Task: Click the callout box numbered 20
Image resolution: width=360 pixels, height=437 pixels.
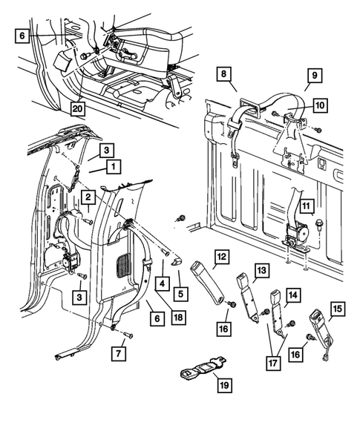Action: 77,108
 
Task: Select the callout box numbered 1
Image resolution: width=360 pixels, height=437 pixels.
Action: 114,167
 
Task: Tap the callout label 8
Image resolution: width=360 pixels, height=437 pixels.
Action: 224,74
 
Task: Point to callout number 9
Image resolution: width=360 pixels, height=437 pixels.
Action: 315,75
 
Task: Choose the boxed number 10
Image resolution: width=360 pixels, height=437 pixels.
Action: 320,105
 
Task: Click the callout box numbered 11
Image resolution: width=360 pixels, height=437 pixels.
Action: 306,206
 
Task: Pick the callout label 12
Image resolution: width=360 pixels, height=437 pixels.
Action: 222,257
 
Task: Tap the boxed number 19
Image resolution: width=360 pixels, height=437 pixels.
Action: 224,385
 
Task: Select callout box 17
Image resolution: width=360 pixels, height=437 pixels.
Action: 273,363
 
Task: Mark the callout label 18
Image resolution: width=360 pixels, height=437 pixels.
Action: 178,317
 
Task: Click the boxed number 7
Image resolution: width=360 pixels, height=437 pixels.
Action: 119,354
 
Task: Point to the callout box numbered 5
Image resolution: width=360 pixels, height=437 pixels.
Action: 180,294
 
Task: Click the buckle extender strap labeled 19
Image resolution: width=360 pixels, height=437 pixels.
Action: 203,367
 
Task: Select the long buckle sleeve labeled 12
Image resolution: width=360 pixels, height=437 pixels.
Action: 208,281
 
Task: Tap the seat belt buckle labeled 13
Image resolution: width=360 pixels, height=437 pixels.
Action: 248,298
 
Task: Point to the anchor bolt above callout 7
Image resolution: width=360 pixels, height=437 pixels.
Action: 129,335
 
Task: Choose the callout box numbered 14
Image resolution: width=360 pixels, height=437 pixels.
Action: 293,295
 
